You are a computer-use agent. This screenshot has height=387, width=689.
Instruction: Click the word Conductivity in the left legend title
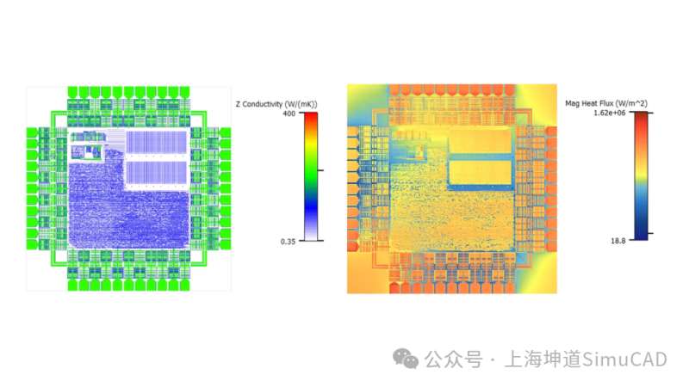pyautogui.click(x=263, y=104)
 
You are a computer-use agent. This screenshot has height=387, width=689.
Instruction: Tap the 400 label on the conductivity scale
pyautogui.click(x=289, y=114)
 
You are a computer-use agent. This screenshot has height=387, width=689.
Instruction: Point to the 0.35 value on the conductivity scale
pyautogui.click(x=288, y=242)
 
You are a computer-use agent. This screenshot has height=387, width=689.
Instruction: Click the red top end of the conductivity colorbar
pyautogui.click(x=311, y=116)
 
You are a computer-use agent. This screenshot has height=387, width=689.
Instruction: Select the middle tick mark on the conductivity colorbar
pyautogui.click(x=320, y=170)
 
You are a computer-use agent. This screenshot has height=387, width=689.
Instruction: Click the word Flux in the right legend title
pyautogui.click(x=606, y=103)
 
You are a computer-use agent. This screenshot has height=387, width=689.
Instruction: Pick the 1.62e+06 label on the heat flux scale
pyautogui.click(x=610, y=114)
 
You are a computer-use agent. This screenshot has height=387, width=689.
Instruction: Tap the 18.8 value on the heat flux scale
pyautogui.click(x=618, y=241)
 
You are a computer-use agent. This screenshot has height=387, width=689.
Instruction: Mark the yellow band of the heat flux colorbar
pyautogui.click(x=641, y=175)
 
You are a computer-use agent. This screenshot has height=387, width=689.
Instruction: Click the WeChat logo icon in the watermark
pyautogui.click(x=405, y=359)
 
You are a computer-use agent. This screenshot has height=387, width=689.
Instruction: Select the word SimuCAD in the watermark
pyautogui.click(x=624, y=359)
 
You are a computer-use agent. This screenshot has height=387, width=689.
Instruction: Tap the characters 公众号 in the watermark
pyautogui.click(x=454, y=359)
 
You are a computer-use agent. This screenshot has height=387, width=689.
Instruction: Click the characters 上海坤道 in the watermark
pyautogui.click(x=543, y=359)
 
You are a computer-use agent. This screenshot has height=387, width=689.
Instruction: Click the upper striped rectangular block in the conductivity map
pyautogui.click(x=157, y=142)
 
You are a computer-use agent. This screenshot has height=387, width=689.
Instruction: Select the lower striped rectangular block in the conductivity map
pyautogui.click(x=157, y=173)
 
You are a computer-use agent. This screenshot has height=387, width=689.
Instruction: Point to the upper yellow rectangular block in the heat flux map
pyautogui.click(x=481, y=141)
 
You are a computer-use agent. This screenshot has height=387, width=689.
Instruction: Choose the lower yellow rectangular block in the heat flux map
pyautogui.click(x=481, y=172)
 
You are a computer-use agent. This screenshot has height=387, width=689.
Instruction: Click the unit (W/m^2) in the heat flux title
pyautogui.click(x=631, y=103)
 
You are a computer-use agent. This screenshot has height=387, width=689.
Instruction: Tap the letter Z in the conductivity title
pyautogui.click(x=239, y=104)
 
